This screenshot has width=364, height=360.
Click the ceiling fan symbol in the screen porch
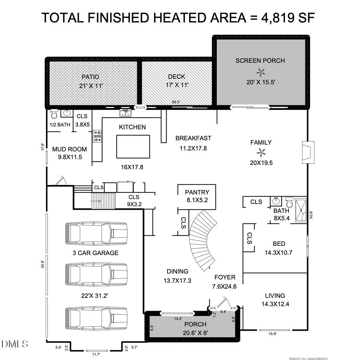(261, 73)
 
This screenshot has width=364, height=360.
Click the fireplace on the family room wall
(308, 152)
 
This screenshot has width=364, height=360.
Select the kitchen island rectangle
(133, 146)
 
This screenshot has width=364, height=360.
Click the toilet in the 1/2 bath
(54, 114)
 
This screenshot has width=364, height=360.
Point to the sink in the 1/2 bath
(67, 113)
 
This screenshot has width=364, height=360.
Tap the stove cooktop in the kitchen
(98, 136)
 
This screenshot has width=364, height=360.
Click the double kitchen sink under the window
(126, 114)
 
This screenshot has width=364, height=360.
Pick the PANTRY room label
(197, 192)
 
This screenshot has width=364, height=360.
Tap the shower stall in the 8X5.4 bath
(301, 210)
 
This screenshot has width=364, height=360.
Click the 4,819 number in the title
(277, 18)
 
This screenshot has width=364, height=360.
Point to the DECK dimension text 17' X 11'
(177, 85)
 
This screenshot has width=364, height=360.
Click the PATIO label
(90, 77)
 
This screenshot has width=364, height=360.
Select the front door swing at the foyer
(222, 303)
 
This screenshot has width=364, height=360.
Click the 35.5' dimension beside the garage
(43, 265)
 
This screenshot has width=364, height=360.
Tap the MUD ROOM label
(69, 149)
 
